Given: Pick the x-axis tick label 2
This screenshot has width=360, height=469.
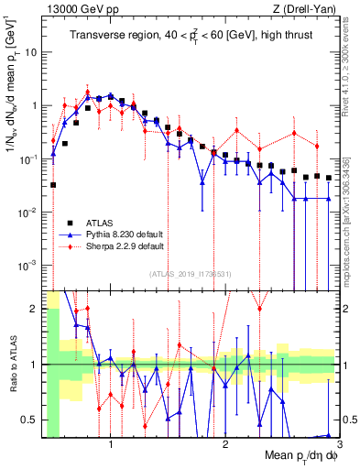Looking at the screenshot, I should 224,444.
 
